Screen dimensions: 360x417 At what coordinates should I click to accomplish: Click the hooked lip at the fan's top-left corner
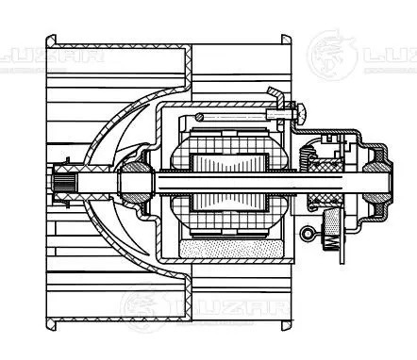point(53,43)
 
